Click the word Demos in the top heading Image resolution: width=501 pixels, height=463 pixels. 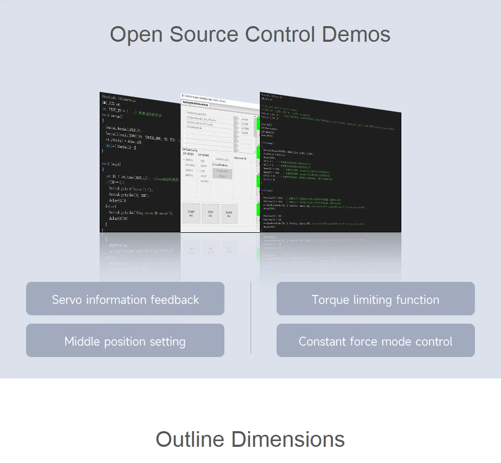tap(356, 34)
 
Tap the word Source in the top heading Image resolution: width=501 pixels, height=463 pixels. tap(204, 34)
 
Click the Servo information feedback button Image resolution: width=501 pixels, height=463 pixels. tap(125, 300)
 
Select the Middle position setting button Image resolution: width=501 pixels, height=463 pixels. tap(125, 341)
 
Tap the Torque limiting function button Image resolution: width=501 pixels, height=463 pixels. tap(375, 300)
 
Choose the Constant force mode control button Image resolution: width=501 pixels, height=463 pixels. tap(375, 341)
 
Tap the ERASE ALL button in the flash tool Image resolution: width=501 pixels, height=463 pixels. tap(229, 215)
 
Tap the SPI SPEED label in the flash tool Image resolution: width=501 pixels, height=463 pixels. tap(187, 154)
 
